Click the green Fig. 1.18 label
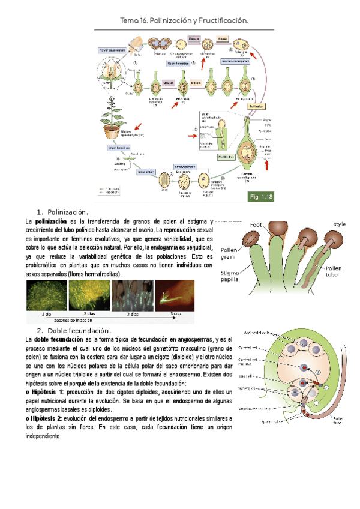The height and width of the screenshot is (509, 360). click(260, 197)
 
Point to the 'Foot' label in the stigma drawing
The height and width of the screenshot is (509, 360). click(255, 226)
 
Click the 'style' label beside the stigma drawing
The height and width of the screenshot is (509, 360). click(340, 224)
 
